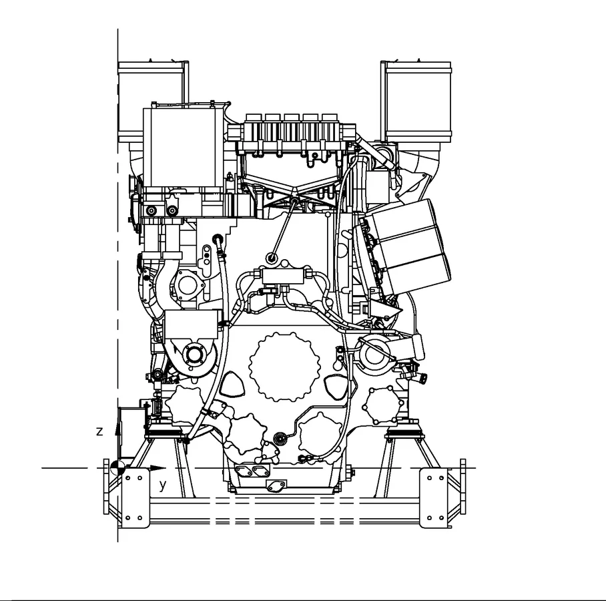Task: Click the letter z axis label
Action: point(99,431)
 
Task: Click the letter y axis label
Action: point(163,485)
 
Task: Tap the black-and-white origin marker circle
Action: point(117,468)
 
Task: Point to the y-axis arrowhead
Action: point(158,468)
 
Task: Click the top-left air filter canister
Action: point(153,102)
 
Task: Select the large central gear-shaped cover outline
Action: point(285,367)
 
